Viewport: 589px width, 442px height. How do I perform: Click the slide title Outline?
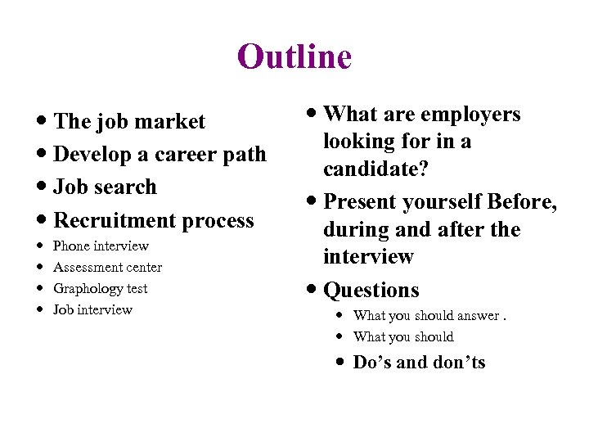pyautogui.click(x=294, y=56)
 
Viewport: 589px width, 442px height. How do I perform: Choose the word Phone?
pyautogui.click(x=71, y=246)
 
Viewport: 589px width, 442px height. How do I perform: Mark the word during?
pyautogui.click(x=357, y=229)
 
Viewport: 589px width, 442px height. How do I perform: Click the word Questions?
pyautogui.click(x=371, y=290)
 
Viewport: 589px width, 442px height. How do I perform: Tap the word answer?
pyautogui.click(x=474, y=315)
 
